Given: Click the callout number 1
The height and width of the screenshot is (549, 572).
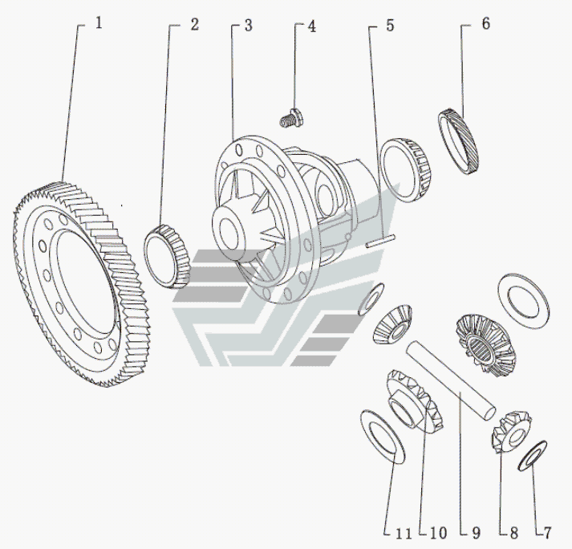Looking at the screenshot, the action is pos(99,23).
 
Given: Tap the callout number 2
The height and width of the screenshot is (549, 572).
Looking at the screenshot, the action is pos(194,24).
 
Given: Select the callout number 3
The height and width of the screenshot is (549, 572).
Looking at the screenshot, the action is pos(248,26).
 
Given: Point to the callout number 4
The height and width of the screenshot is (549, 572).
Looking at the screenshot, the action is pos(311,26).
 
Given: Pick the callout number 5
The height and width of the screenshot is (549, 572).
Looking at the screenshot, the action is pos(390,26).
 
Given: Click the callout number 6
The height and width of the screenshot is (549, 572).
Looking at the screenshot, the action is pos(485,23).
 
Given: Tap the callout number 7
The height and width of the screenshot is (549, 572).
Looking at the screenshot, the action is pos(546,533).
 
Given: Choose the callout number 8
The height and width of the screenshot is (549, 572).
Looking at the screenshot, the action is pos(513,533).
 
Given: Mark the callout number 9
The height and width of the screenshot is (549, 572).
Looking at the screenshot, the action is pos(476,533).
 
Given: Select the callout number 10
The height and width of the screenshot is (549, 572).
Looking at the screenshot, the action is pos(438,533).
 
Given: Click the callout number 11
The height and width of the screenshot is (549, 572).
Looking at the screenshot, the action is pos(404,534).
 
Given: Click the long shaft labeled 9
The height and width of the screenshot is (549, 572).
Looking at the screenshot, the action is pos(451,380).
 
